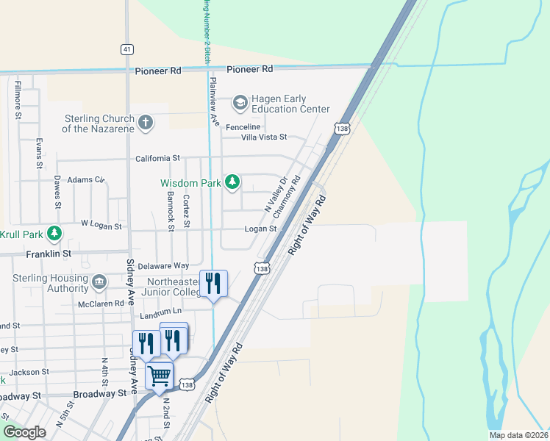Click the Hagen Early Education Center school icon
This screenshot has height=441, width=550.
240,101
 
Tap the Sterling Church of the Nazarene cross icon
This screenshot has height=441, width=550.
146,122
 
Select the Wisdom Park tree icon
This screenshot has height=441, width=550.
232,181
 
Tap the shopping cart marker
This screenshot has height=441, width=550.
160,376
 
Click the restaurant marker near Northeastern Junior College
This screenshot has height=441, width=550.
214,283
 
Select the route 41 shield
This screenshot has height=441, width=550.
127,49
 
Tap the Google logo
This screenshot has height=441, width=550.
24,432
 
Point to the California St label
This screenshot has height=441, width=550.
157,158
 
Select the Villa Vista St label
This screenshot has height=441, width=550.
258,137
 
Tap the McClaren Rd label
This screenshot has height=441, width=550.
102,303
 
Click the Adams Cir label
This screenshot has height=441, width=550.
87,179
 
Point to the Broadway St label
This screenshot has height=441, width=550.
100,394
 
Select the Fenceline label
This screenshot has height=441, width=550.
243,126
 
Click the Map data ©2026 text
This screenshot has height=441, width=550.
518,435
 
